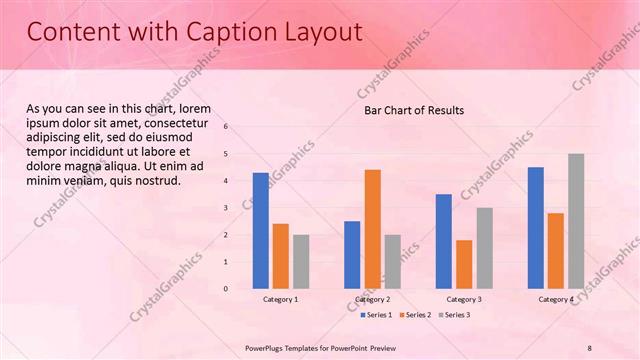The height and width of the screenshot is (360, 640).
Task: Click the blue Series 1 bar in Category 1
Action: (x=260, y=231)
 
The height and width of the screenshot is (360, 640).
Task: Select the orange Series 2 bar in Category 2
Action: (x=372, y=229)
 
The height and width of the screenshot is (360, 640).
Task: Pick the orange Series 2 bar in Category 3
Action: (x=464, y=264)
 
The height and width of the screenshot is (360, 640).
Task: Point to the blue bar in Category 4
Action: (x=535, y=228)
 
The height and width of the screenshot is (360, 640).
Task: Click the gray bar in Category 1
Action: (x=301, y=262)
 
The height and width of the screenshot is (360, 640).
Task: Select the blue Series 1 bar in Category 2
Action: (x=352, y=255)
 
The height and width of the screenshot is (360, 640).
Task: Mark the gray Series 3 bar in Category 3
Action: (x=484, y=248)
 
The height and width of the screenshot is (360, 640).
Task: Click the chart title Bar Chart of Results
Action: (x=413, y=110)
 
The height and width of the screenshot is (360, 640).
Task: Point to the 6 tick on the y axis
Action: (x=226, y=127)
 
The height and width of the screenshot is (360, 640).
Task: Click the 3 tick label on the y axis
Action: (x=226, y=208)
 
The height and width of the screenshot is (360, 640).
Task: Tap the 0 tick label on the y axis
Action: (x=226, y=289)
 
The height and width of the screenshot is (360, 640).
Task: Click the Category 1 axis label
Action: (x=280, y=299)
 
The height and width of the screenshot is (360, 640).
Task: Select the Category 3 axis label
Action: (x=464, y=299)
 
